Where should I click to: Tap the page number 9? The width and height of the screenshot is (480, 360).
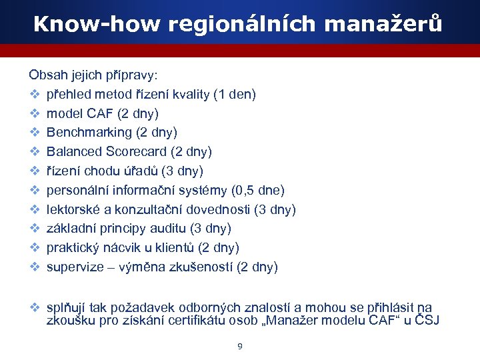pyautogui.click(x=240, y=347)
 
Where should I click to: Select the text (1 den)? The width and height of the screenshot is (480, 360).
pyautogui.click(x=234, y=95)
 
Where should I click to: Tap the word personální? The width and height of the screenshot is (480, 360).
pyautogui.click(x=75, y=191)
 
